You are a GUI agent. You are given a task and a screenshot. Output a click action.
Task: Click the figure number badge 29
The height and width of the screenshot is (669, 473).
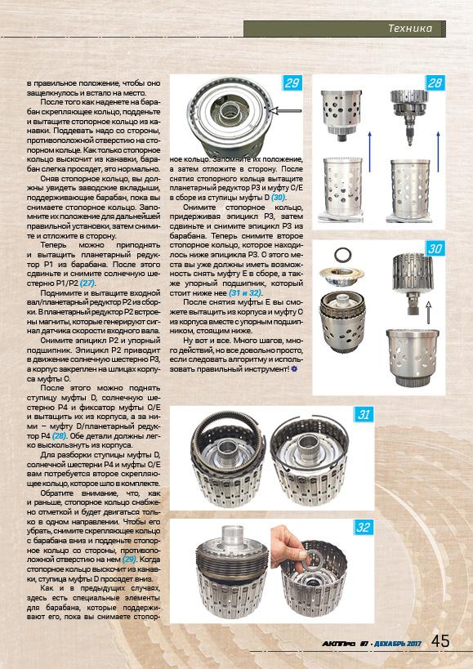pos(292,83)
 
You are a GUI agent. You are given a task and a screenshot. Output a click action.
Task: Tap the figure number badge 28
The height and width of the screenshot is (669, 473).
pos(435,83)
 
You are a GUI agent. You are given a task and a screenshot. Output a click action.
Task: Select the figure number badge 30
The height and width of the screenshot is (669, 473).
pos(435,248)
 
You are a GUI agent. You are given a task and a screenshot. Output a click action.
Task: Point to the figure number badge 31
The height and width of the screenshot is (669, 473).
pos(364,414)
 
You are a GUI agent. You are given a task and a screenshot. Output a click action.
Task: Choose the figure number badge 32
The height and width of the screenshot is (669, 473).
pos(364,528)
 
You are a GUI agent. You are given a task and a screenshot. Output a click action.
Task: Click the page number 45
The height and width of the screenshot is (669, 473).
pos(440,641)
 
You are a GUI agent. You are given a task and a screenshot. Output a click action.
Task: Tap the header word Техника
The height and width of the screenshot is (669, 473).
pos(410,29)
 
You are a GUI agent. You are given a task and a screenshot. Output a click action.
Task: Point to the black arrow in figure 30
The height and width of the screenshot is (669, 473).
pos(427,312)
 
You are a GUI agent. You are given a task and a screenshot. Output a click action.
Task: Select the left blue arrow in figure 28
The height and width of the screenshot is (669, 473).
pos(369,151)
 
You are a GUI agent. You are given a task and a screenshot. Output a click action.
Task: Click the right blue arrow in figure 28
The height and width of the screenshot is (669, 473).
pos(438,151)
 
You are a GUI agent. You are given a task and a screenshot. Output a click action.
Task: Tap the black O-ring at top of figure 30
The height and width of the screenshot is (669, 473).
pos(343,255)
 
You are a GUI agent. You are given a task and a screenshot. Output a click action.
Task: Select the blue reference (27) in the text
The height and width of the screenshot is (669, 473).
pos(88,283)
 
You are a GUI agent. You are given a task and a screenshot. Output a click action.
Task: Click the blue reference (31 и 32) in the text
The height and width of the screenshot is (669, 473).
pos(244,293)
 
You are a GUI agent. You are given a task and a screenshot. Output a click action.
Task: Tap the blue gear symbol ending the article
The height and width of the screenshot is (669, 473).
pos(294,369)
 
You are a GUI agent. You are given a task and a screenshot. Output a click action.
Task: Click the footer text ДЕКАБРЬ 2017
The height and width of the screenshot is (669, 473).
pos(398,644)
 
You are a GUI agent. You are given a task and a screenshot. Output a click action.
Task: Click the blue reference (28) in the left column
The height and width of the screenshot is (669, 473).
pos(60,435)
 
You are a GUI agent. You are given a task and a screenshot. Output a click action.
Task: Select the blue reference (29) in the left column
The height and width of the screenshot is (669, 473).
pos(130,559)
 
